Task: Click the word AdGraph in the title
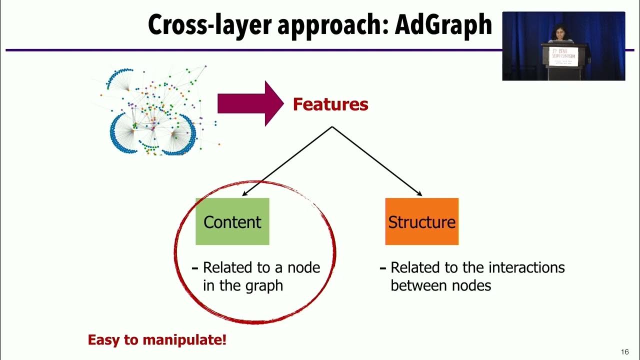point(443,25)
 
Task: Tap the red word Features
point(330,104)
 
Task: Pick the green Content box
point(232,221)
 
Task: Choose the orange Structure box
point(421,221)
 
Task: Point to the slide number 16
point(624,351)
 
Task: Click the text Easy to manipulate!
point(157,340)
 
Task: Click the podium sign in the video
point(563,54)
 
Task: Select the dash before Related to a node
point(195,268)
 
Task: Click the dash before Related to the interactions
point(383,268)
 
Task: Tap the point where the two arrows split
point(331,127)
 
